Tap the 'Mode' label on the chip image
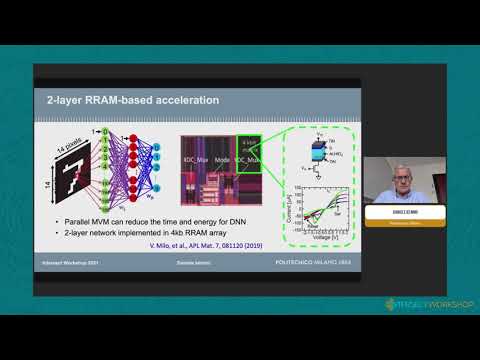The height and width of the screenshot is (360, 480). [x=222, y=159]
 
